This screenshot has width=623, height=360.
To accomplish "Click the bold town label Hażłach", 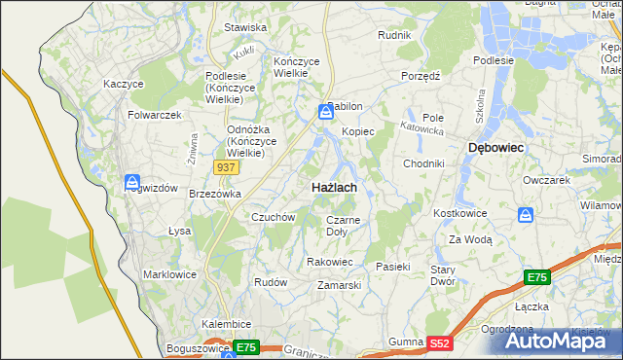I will pyautogui.click(x=332, y=186).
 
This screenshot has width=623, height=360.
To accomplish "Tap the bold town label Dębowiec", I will pyautogui.click(x=496, y=147).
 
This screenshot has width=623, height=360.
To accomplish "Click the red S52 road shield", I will pyautogui.click(x=441, y=342).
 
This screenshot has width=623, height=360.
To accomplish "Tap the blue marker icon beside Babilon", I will pyautogui.click(x=325, y=113).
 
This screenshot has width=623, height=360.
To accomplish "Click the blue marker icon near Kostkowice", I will pyautogui.click(x=526, y=214).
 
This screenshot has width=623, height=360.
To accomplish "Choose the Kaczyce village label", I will pyautogui.click(x=124, y=84).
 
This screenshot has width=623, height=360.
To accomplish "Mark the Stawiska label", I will pyautogui.click(x=245, y=28).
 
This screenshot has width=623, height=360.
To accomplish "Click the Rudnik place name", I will pyautogui.click(x=394, y=35).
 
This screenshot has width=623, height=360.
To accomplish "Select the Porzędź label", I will pyautogui.click(x=421, y=76).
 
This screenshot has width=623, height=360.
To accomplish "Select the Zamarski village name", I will pyautogui.click(x=340, y=285).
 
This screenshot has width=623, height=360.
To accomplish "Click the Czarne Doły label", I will pyautogui.click(x=343, y=226).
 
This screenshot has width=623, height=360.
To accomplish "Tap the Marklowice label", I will pyautogui.click(x=170, y=274).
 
